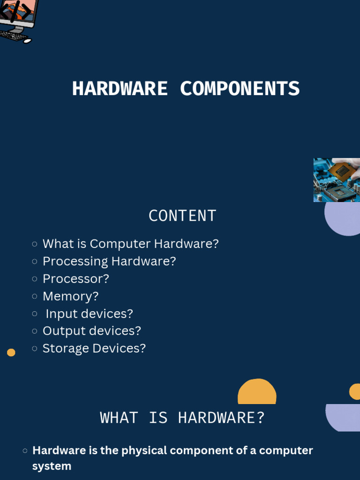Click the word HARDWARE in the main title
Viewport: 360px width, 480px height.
point(120,89)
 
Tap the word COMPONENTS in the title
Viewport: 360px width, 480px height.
point(240,89)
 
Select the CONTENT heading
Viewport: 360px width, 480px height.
point(182,216)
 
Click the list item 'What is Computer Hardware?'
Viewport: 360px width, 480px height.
point(130,244)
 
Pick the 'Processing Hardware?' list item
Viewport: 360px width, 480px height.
point(109,261)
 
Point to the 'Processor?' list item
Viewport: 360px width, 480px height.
point(76,278)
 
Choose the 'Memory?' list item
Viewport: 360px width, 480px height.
point(71,296)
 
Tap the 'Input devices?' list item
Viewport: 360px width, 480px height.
point(89,314)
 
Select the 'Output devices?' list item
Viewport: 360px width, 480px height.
point(92,331)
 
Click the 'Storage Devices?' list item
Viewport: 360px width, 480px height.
point(94,348)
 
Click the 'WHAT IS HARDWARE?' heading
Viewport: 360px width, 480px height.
point(182,418)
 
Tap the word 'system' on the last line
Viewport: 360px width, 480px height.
point(52,466)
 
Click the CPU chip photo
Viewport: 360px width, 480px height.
point(337,180)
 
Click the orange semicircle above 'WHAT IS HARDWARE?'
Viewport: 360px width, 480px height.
point(257,393)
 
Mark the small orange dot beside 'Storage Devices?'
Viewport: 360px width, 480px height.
point(11,352)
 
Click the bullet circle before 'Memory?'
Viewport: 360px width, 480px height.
point(35,296)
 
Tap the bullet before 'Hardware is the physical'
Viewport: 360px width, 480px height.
point(25,451)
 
